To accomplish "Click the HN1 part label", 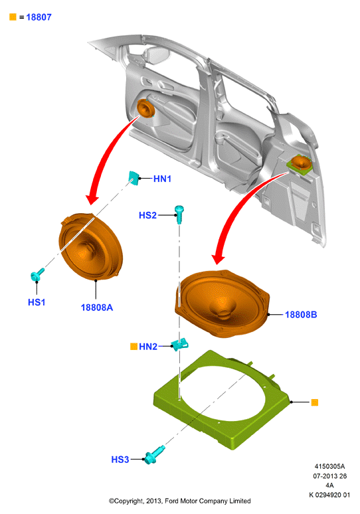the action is coord(162,179).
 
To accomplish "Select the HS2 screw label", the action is coord(147,215).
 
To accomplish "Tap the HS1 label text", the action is coord(37,302).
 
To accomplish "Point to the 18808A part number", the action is coord(97,307).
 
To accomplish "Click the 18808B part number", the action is coord(301,315).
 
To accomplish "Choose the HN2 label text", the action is coord(148,347).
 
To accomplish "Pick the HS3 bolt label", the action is coord(120,460).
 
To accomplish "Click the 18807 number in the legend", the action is coord(39,17).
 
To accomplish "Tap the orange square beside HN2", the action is coord(134,346).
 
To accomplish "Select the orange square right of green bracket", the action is coord(314,402).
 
